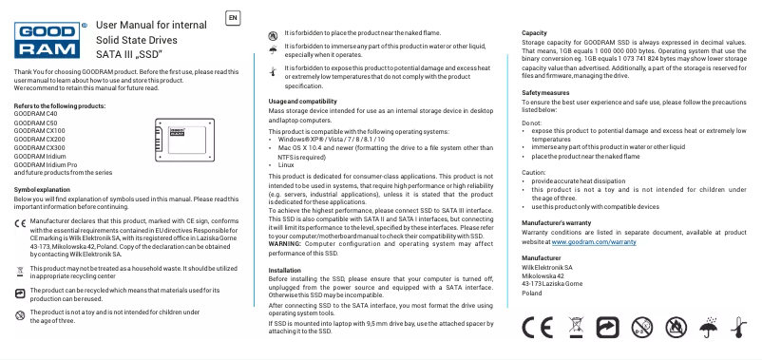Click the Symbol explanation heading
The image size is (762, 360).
coord(44,190)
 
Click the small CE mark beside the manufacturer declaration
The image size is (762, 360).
coord(21,222)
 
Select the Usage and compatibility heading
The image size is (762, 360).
coord(302,101)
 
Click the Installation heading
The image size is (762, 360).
coord(285,271)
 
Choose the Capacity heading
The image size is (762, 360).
coord(535,33)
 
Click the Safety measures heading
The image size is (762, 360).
coord(546,92)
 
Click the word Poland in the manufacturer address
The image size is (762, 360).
coord(533,293)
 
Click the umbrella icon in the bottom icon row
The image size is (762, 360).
coord(706,328)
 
